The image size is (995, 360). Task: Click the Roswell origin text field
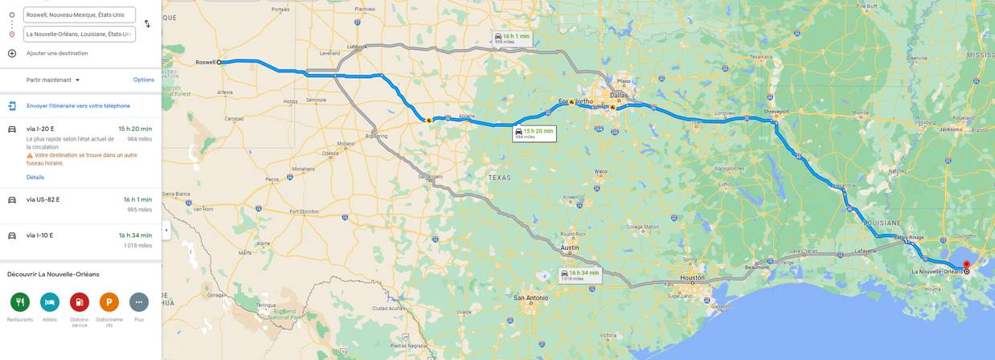(x=79, y=14)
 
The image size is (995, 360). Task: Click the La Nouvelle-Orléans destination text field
(x=79, y=35)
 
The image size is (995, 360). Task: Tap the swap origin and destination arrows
(x=147, y=24)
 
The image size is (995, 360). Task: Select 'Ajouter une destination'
(x=56, y=53)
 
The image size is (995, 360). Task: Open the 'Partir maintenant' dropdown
(x=53, y=80)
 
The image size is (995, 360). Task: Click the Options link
(x=144, y=80)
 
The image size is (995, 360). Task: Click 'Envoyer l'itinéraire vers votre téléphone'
(x=78, y=106)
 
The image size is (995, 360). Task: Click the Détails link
(x=35, y=178)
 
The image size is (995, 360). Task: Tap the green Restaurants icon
(x=20, y=302)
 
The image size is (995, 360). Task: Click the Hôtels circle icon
(x=50, y=302)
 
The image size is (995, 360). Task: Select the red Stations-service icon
(x=80, y=302)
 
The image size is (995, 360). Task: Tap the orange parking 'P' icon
(x=109, y=302)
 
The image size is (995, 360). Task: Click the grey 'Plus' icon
(x=139, y=302)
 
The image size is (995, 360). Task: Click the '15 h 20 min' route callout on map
(x=534, y=133)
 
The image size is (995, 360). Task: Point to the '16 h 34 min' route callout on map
(x=580, y=275)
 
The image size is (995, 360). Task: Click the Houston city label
(x=692, y=278)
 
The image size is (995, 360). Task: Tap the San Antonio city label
(x=531, y=298)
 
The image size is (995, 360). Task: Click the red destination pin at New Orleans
(x=966, y=265)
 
